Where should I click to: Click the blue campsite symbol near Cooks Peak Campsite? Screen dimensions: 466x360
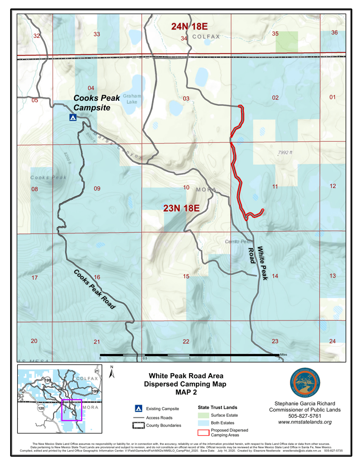[73, 117]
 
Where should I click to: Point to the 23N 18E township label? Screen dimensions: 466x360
[181, 208]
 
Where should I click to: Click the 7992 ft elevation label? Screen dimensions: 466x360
[285, 153]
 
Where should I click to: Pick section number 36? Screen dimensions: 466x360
[334, 33]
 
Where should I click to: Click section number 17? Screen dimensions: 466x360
[34, 278]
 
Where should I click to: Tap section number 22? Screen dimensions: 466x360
[186, 342]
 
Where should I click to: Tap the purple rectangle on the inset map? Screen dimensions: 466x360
[72, 410]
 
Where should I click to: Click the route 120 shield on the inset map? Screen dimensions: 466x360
[42, 408]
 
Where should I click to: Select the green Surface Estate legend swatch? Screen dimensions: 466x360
[203, 416]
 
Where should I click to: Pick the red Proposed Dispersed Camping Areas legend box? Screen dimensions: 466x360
[203, 433]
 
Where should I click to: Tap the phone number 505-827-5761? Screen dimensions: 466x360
[305, 416]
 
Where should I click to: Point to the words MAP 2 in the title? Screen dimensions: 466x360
[186, 392]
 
